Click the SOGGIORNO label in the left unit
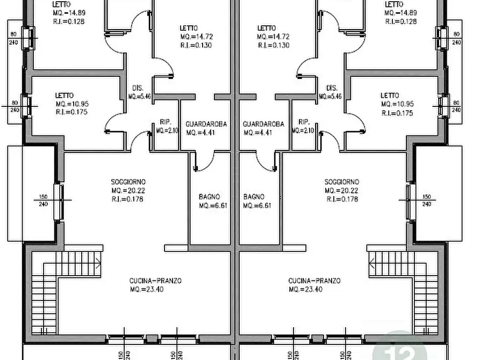click(x=128, y=182)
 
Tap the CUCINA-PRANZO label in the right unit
click(x=314, y=280)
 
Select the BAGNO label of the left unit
click(x=210, y=197)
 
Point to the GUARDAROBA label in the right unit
click(x=263, y=124)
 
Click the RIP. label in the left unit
click(x=166, y=122)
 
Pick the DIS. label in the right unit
click(x=332, y=88)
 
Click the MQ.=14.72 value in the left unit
click(x=196, y=37)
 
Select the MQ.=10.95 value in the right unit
click(x=397, y=104)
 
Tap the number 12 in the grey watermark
click(x=400, y=352)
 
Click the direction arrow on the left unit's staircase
click(x=98, y=263)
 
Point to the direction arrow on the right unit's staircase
click(x=371, y=263)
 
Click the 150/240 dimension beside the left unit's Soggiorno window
click(x=44, y=200)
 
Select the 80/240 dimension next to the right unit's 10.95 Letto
click(x=456, y=106)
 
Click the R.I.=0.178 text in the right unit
click(x=342, y=199)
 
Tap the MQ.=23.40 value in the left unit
click(x=147, y=289)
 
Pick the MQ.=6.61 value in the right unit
click(x=257, y=205)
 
